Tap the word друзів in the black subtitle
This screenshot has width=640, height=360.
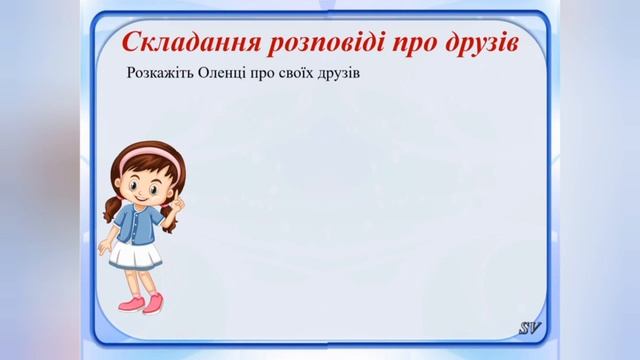[372, 75]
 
